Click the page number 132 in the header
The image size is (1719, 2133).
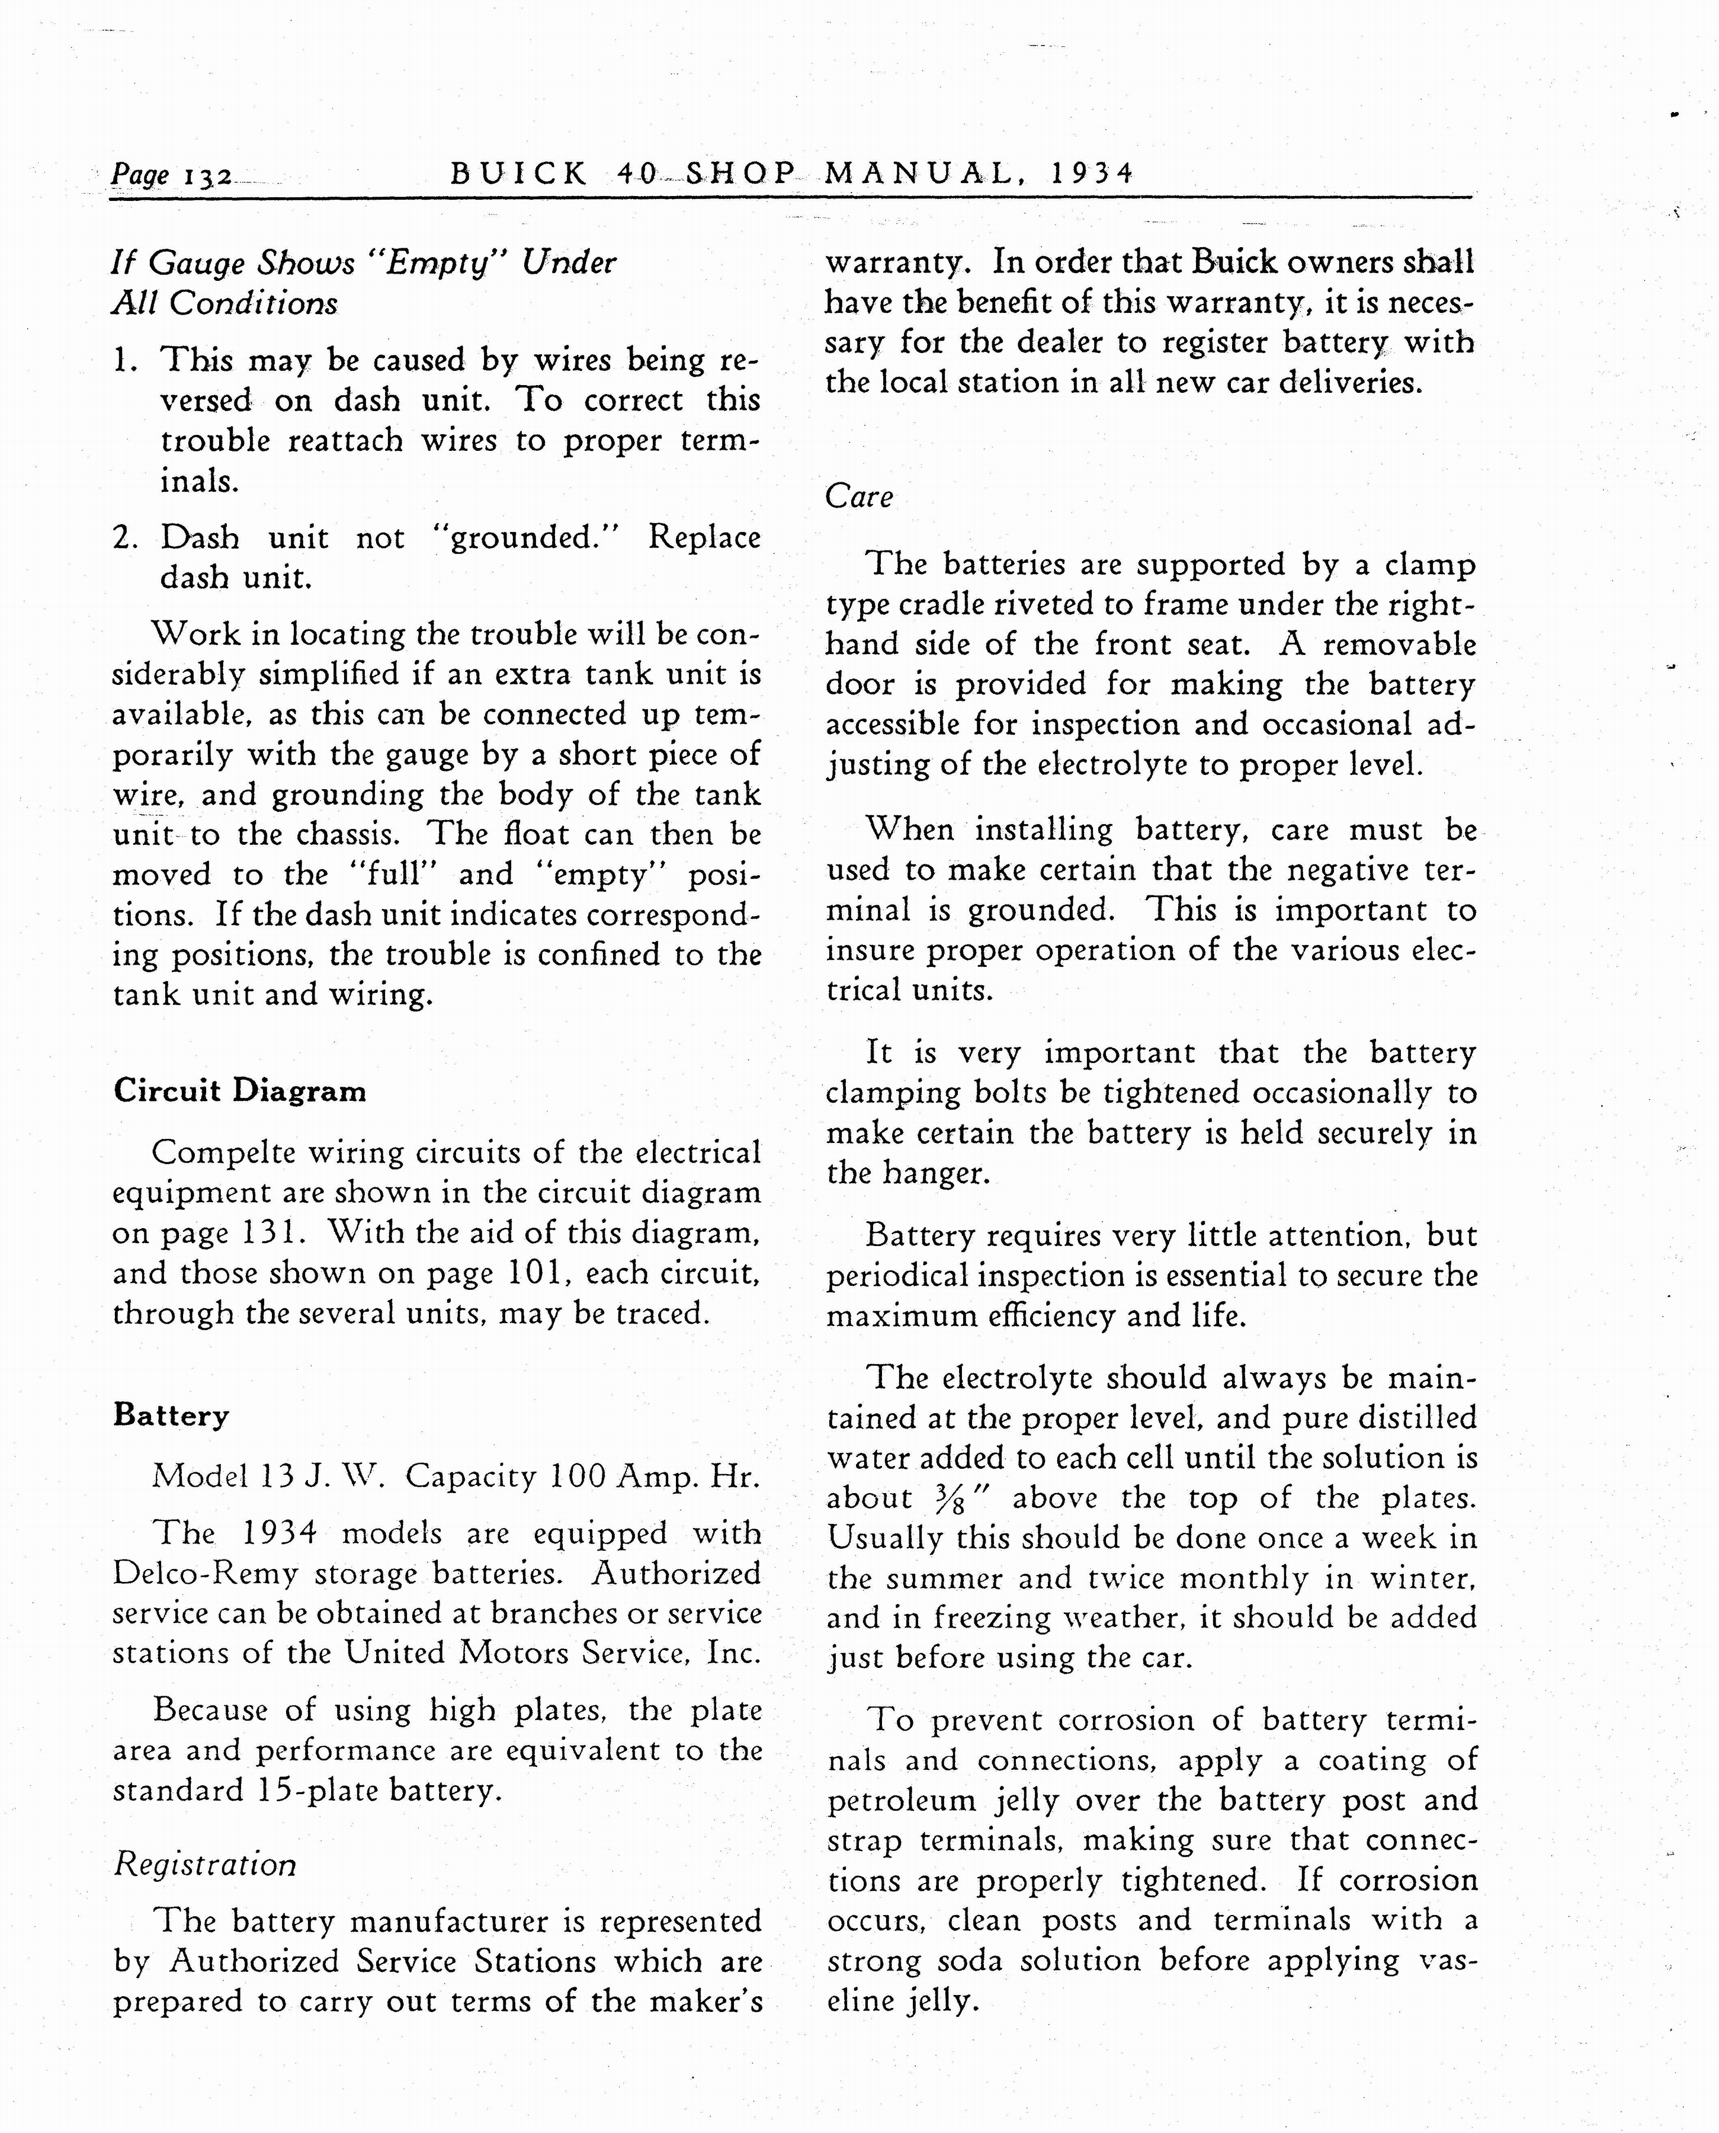(x=208, y=176)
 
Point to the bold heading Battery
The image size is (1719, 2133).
(x=171, y=1415)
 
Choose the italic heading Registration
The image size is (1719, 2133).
(x=204, y=1865)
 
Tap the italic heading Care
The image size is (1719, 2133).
(x=858, y=496)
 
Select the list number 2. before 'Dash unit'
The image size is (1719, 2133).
(x=125, y=538)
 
